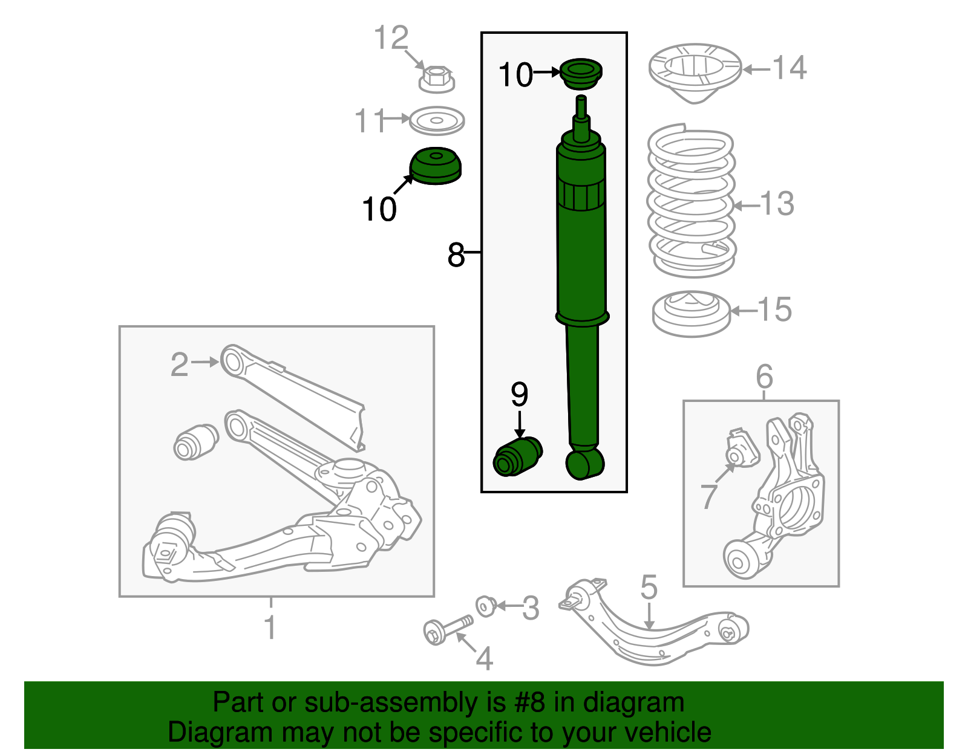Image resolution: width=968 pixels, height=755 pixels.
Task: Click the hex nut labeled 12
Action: tap(436, 78)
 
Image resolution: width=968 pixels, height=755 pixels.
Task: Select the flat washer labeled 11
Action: tap(436, 121)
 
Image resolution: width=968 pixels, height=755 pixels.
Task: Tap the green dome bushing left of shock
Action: tap(435, 166)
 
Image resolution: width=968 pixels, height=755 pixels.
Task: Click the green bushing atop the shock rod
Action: tap(581, 73)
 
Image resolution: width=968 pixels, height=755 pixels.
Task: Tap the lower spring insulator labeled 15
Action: tap(691, 313)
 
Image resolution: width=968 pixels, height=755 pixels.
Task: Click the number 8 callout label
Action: tap(456, 254)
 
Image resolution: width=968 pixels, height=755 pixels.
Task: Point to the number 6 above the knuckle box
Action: tap(764, 377)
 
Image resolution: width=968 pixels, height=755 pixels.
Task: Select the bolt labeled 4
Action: tap(448, 629)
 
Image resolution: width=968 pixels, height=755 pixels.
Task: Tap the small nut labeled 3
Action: tap(486, 605)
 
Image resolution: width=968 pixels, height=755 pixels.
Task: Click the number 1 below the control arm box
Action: tap(270, 627)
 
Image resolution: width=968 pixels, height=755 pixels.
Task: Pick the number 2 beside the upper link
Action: tap(179, 365)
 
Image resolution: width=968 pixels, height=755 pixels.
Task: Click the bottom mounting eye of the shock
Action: tap(584, 464)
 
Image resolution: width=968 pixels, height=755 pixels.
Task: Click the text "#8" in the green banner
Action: tap(530, 702)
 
